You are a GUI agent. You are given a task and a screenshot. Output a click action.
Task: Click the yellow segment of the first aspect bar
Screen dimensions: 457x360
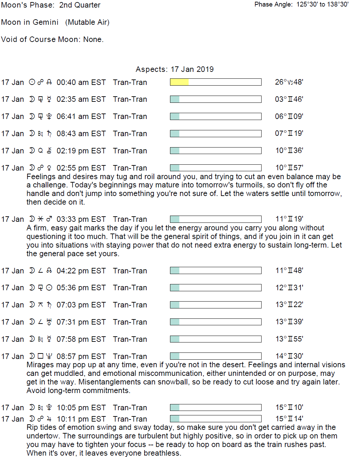click(x=179, y=82)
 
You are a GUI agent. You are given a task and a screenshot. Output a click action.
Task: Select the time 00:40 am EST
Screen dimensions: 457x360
click(x=81, y=83)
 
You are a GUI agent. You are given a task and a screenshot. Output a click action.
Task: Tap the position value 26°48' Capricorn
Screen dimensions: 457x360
click(x=289, y=82)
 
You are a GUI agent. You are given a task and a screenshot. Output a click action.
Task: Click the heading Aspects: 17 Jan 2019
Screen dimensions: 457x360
click(x=174, y=69)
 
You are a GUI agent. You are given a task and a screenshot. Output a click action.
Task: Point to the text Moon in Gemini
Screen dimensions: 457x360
click(x=30, y=22)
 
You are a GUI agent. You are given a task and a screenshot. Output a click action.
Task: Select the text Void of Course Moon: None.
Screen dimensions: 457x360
click(x=52, y=40)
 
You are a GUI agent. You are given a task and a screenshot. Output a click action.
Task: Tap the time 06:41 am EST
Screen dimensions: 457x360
click(x=81, y=117)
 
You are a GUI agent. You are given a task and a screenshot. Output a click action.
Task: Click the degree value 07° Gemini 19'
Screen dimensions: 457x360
click(x=289, y=133)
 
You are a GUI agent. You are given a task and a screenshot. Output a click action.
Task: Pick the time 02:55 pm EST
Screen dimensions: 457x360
click(x=81, y=168)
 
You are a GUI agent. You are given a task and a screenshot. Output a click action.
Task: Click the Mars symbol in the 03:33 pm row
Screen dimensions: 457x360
click(x=49, y=219)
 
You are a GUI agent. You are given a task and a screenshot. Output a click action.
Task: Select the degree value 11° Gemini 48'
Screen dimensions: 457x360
click(x=289, y=271)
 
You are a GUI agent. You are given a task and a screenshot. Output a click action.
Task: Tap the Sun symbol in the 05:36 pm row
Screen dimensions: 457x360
click(x=49, y=287)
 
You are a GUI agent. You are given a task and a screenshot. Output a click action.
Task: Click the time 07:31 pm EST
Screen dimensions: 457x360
click(x=81, y=322)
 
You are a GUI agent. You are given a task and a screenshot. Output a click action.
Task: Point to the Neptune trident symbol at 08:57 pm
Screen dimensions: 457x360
click(x=49, y=356)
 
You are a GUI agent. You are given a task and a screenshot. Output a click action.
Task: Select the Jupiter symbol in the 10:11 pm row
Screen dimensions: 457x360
click(x=49, y=419)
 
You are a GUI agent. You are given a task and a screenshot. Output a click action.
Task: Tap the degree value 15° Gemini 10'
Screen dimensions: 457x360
click(x=289, y=407)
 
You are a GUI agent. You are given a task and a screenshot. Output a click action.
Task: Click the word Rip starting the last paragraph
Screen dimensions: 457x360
click(x=32, y=427)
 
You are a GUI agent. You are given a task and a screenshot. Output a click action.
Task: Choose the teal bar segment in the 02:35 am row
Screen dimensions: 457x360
click(x=175, y=99)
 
